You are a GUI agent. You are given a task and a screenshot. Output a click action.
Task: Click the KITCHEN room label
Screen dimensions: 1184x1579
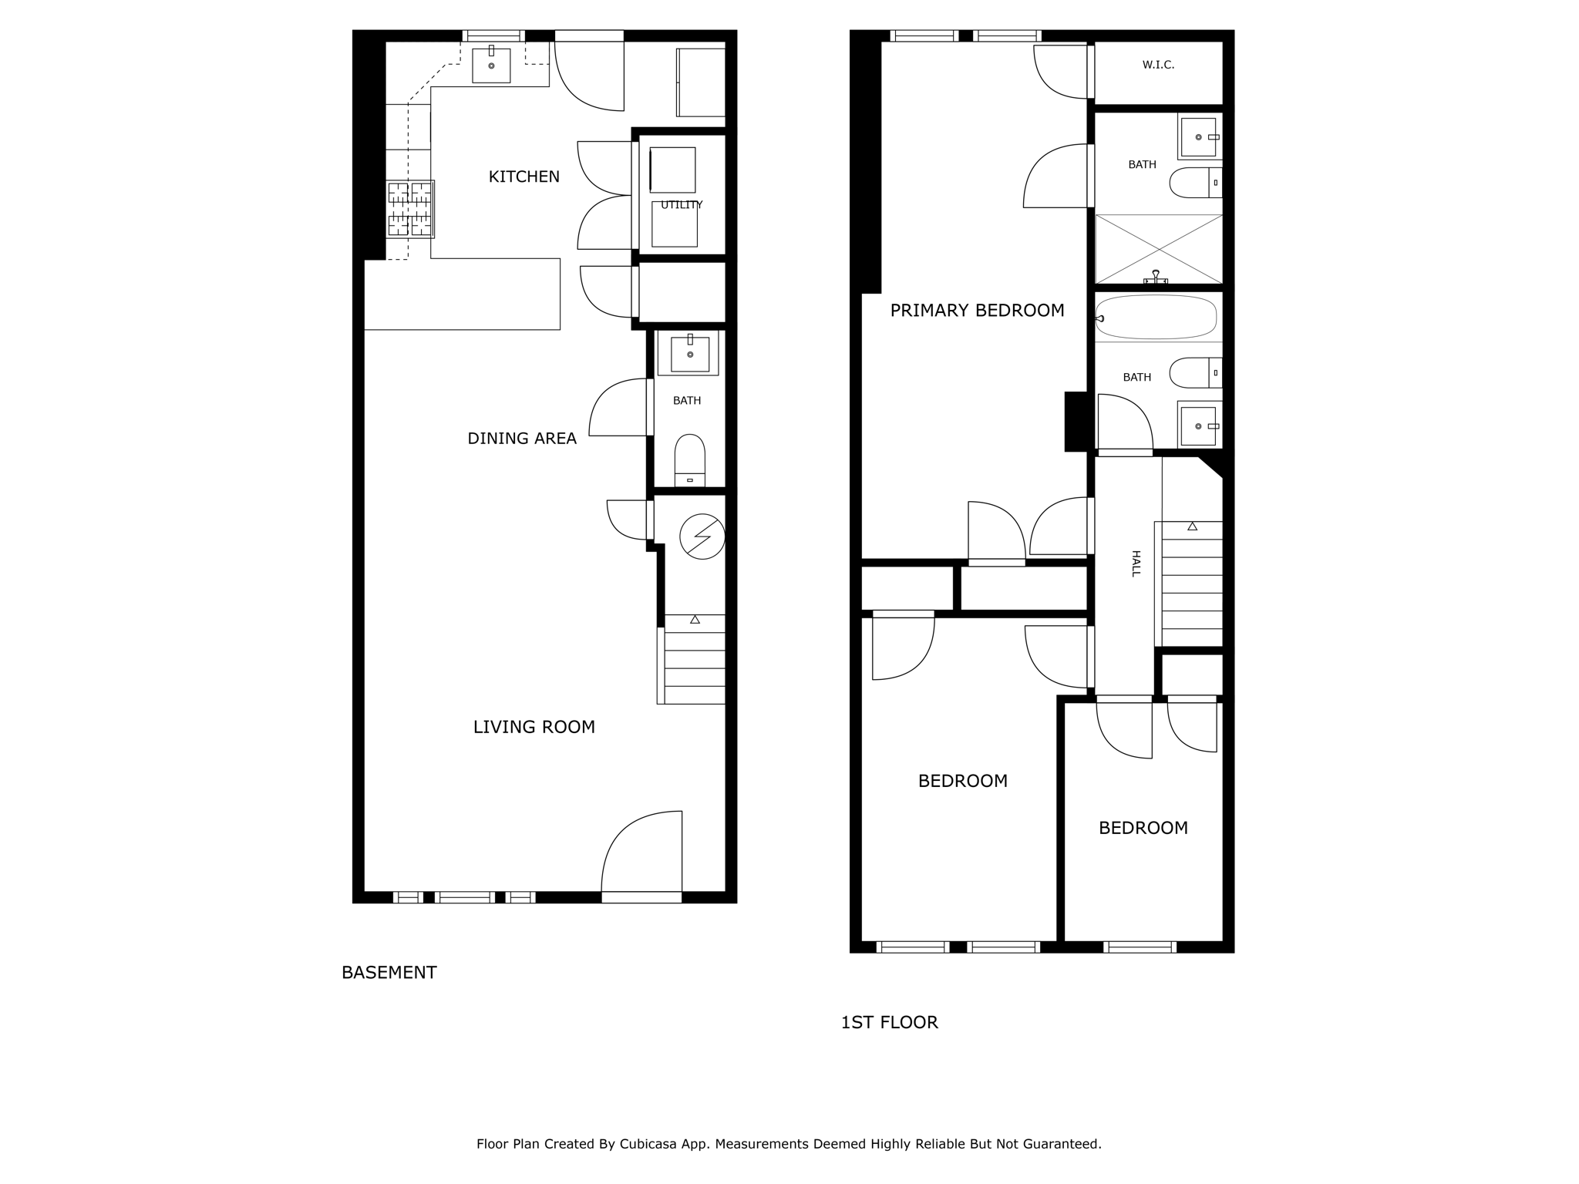click(524, 177)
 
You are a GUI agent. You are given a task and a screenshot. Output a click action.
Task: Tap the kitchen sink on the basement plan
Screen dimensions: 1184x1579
click(491, 66)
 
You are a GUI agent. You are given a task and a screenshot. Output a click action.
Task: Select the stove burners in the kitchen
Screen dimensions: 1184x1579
click(410, 209)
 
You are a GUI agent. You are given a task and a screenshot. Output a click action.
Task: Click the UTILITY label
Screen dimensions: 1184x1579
click(682, 205)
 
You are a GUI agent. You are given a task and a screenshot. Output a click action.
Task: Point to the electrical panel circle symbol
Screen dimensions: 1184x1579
click(702, 536)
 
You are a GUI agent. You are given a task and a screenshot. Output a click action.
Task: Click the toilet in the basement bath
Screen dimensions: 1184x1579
click(689, 459)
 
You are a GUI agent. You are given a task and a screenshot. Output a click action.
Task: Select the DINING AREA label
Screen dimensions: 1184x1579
click(522, 439)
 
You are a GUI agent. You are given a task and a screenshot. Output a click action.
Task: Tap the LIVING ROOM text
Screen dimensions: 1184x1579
click(534, 727)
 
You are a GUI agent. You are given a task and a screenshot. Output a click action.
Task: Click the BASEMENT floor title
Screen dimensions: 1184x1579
click(389, 973)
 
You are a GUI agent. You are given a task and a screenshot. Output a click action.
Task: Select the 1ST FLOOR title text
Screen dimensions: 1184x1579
click(889, 1023)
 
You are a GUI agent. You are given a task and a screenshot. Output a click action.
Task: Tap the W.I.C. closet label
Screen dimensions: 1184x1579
click(1158, 66)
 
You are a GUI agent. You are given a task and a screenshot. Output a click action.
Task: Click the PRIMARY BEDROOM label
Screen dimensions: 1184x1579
click(977, 311)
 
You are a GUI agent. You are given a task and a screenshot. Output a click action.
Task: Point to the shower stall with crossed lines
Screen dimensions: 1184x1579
click(1159, 249)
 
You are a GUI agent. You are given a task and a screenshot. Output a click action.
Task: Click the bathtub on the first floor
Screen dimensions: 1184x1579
click(1156, 317)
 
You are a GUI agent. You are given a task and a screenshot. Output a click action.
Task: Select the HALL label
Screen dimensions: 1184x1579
click(1135, 563)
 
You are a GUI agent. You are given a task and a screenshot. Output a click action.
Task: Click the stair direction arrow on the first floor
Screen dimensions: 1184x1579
click(1192, 526)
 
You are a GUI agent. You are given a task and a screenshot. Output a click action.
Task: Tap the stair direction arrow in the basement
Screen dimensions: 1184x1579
click(695, 620)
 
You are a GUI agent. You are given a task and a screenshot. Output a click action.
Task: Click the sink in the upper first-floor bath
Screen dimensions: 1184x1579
click(1198, 137)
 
